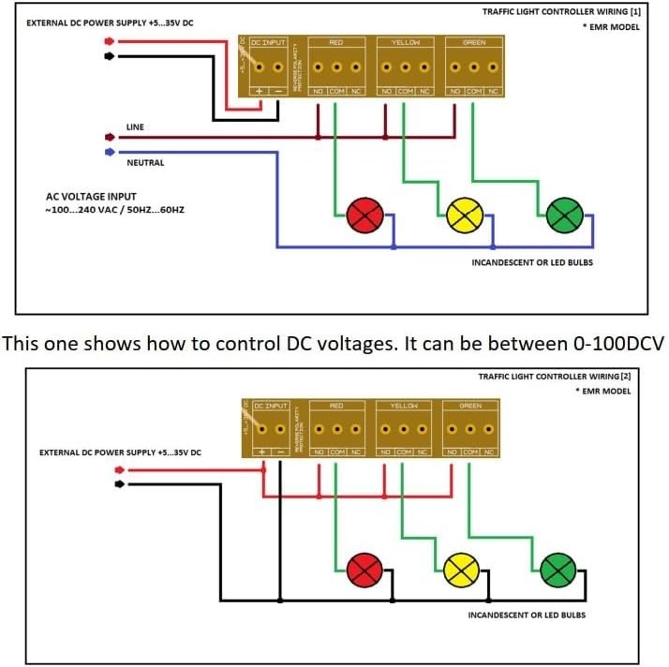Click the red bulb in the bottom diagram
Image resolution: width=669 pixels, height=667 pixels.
click(x=364, y=569)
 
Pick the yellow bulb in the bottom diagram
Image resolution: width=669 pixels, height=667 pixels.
click(x=461, y=569)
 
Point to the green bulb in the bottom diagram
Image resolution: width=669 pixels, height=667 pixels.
click(x=557, y=569)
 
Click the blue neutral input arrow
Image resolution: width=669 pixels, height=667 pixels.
click(x=110, y=151)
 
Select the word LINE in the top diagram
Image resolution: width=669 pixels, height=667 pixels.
click(x=136, y=126)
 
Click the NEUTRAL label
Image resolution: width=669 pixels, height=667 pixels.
click(x=145, y=163)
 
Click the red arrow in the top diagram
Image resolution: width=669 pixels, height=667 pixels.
click(x=110, y=42)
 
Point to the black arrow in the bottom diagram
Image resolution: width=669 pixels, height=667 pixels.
click(x=119, y=484)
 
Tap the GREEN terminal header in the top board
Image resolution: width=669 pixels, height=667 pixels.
click(x=472, y=43)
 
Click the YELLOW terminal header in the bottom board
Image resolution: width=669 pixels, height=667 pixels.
click(x=403, y=406)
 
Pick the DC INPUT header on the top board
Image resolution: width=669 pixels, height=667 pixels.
click(x=269, y=43)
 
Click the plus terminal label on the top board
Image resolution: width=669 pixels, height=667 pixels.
click(x=260, y=91)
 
